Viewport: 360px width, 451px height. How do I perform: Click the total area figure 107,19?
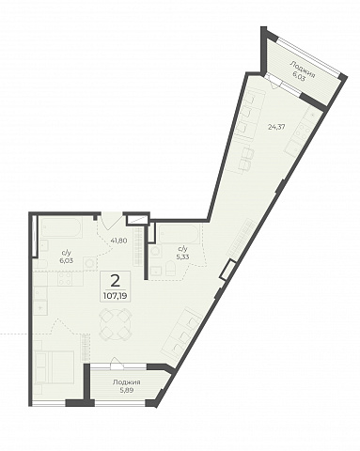[115, 296]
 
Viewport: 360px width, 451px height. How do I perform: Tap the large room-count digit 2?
[116, 280]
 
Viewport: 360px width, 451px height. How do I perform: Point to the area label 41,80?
[118, 241]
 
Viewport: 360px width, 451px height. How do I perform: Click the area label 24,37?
[276, 128]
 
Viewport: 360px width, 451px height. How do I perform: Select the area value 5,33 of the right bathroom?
[182, 257]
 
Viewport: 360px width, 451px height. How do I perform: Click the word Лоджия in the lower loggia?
[127, 382]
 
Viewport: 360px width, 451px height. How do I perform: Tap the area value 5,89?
[127, 391]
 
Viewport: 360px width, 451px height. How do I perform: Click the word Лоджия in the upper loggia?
[302, 70]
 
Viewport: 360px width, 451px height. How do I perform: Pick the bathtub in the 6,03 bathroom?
[62, 227]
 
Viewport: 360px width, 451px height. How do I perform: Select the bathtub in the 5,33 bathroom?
[179, 234]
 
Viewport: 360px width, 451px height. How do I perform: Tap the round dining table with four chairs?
[115, 325]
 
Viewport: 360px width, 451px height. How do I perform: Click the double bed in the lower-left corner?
[54, 367]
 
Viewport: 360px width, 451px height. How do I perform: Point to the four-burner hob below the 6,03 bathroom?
[65, 279]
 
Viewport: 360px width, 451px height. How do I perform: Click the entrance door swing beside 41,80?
[110, 221]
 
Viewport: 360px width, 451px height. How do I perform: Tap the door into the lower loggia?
[117, 366]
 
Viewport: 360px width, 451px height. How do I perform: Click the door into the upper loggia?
[274, 82]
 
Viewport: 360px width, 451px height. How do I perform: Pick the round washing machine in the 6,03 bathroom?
[89, 262]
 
